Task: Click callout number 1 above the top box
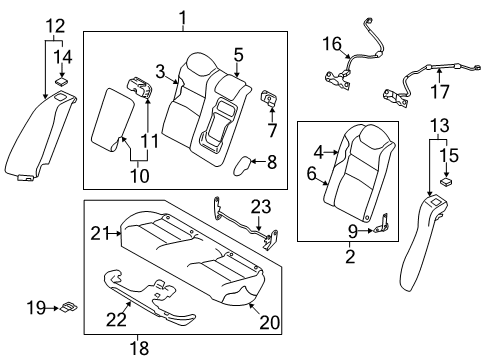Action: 183,17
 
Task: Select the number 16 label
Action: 331,43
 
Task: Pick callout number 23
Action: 260,208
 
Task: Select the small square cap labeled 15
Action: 445,182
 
